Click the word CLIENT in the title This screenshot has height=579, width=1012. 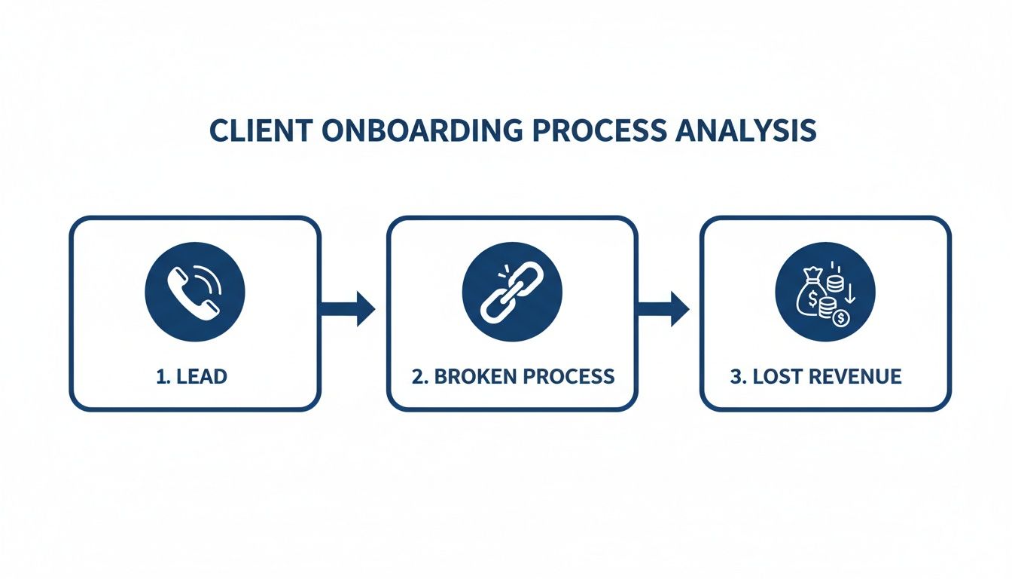point(259,130)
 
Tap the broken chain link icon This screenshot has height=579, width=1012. point(511,290)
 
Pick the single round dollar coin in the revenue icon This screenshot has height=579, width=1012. point(840,319)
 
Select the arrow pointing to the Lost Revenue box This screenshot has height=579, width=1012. point(664,308)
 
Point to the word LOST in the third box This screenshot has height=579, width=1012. point(776,376)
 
